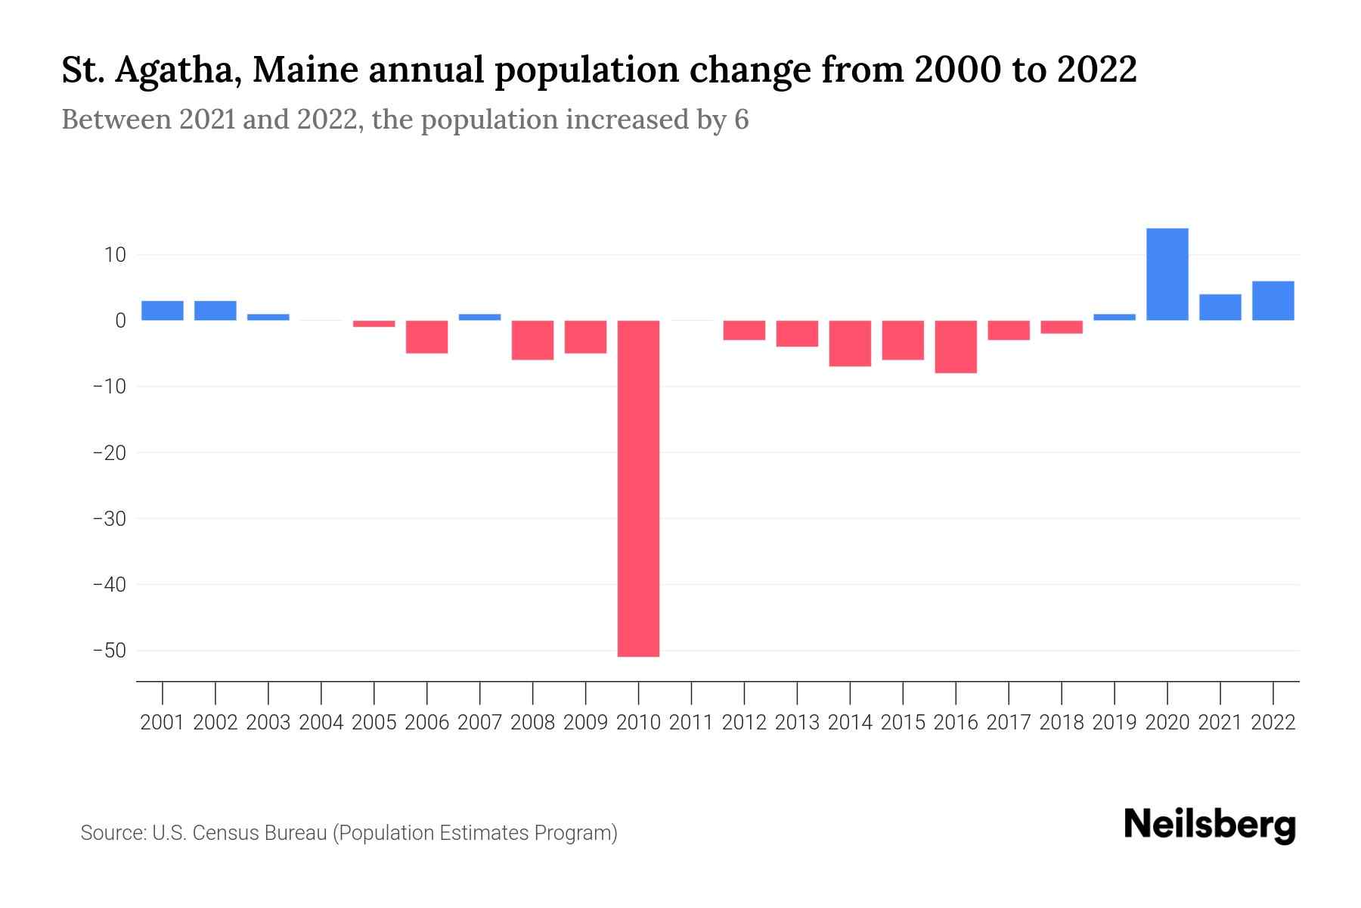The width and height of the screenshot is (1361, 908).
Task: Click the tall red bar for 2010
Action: [638, 488]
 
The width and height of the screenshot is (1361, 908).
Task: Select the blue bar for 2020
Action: [1167, 274]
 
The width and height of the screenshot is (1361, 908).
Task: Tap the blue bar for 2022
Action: [1273, 300]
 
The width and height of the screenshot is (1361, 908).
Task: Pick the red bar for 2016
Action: [956, 347]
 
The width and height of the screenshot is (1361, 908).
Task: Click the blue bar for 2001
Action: [163, 310]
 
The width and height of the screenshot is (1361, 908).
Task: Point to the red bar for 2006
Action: [426, 337]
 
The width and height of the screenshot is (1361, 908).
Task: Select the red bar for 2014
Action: [850, 343]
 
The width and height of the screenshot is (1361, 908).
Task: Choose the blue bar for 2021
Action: [1220, 307]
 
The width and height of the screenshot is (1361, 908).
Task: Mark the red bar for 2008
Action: [532, 340]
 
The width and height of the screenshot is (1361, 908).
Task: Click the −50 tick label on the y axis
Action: [109, 651]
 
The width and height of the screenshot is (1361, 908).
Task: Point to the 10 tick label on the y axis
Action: [116, 255]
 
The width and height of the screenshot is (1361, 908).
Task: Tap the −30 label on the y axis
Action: [109, 519]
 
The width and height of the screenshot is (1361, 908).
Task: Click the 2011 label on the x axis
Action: [691, 723]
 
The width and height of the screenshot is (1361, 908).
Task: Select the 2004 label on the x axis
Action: [321, 723]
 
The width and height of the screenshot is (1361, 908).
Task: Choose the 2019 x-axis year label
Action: [1114, 723]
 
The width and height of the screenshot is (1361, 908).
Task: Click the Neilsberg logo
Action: [1209, 826]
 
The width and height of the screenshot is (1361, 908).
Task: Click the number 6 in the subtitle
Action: [741, 120]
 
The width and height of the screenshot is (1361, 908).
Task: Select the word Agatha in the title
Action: [177, 70]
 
